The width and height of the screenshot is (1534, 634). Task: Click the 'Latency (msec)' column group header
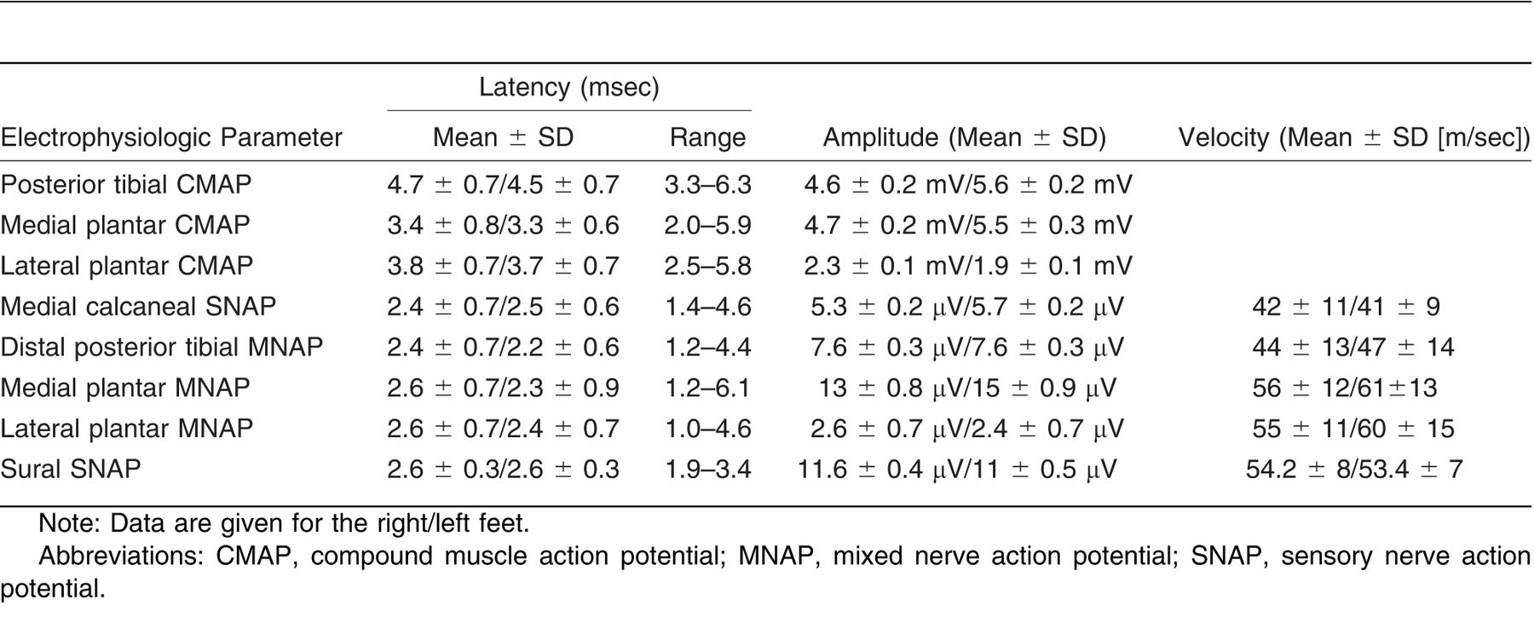click(x=568, y=87)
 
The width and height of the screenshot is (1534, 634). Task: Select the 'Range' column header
click(x=707, y=137)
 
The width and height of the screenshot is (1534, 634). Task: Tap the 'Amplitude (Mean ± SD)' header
click(x=964, y=137)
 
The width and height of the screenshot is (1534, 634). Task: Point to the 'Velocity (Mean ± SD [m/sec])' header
click(x=1354, y=137)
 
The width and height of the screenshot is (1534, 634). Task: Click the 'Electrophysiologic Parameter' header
click(x=171, y=137)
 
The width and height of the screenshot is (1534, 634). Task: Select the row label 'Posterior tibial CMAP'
click(x=126, y=184)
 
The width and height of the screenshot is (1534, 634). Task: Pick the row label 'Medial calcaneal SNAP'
click(x=138, y=306)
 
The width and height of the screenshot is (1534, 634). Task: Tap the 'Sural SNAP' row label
click(x=71, y=469)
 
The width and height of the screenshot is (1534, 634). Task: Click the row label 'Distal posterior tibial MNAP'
click(x=162, y=347)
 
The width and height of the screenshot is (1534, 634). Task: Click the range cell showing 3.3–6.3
click(x=707, y=184)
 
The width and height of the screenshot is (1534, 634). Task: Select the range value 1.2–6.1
click(x=707, y=388)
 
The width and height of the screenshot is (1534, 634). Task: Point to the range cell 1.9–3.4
click(x=707, y=469)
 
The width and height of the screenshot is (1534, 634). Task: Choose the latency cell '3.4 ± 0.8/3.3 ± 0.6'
click(x=503, y=225)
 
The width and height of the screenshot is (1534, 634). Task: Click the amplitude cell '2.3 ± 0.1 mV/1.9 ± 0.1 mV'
click(x=968, y=266)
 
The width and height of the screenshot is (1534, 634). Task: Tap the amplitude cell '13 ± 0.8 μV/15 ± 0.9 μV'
click(x=967, y=388)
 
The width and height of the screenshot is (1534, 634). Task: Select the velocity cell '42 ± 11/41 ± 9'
click(x=1346, y=306)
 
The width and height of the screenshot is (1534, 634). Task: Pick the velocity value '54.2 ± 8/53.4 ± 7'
click(x=1354, y=469)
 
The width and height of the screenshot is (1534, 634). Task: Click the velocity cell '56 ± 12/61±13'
click(x=1344, y=388)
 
